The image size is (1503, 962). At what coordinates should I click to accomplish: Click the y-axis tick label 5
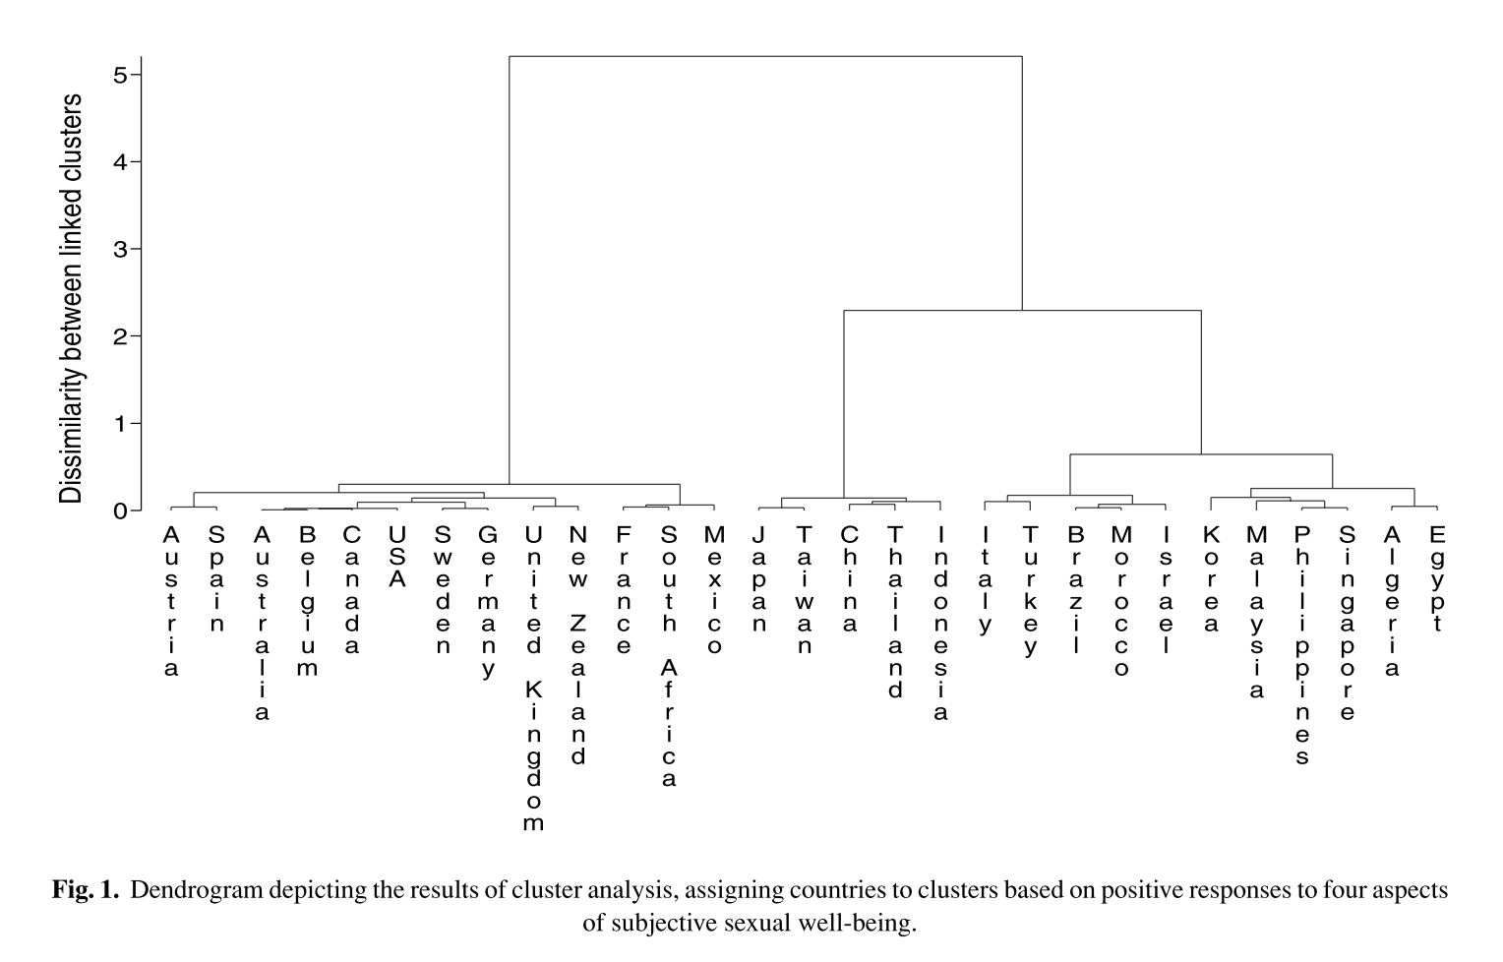(120, 75)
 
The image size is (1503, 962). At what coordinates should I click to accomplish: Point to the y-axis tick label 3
(120, 249)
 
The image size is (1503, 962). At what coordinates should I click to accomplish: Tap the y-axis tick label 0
(120, 511)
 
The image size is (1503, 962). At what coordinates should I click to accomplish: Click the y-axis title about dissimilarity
(71, 299)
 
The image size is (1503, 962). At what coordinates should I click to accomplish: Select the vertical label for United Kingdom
(533, 679)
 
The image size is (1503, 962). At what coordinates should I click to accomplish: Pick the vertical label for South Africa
(669, 656)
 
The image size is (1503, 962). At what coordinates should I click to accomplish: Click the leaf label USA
(397, 556)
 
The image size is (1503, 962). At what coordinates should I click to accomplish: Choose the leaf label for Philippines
(1301, 644)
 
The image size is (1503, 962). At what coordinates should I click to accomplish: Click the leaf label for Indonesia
(940, 623)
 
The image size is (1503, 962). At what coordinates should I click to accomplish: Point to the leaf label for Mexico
(714, 589)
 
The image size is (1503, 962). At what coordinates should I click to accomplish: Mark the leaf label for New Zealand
(578, 644)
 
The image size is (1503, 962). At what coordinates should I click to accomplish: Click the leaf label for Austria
(171, 601)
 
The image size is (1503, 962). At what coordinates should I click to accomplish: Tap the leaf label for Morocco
(1120, 601)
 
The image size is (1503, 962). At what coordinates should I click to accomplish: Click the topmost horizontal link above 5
(765, 57)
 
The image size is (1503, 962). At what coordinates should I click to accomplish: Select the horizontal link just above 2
(1022, 311)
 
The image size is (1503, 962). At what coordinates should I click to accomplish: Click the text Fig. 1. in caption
(86, 891)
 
